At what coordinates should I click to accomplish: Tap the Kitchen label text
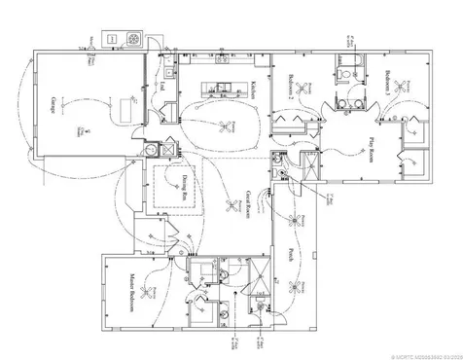point(251,89)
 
